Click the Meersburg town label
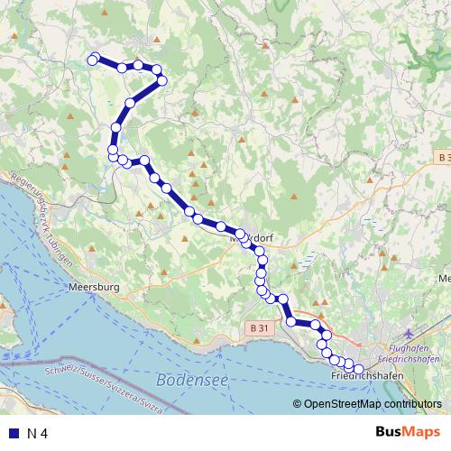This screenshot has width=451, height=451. [94, 289]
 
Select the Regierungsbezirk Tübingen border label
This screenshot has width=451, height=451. [40, 221]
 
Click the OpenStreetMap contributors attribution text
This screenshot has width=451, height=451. [372, 404]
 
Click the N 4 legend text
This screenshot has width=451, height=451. [38, 434]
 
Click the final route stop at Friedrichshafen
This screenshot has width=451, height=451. [358, 368]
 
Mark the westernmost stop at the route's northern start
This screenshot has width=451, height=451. [91, 60]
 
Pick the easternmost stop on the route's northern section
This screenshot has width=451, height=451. [162, 81]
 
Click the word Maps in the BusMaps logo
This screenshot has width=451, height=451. [417, 433]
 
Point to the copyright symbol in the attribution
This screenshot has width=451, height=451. [298, 404]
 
